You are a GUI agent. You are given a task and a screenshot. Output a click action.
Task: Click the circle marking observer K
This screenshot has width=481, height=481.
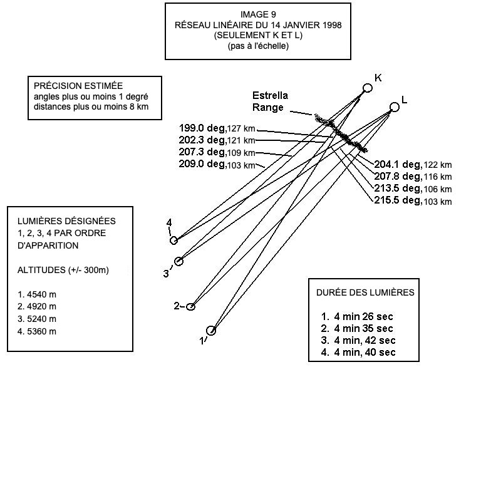(368, 88)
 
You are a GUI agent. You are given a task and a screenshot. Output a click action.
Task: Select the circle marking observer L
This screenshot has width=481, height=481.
(394, 107)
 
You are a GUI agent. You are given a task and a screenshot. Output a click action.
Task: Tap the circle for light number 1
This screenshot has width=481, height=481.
(211, 330)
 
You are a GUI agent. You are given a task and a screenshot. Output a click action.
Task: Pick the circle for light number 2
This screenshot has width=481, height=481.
(191, 306)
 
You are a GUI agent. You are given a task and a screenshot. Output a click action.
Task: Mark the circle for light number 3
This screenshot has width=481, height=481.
(178, 261)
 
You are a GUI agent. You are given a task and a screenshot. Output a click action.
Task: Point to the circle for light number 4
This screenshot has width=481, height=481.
(174, 240)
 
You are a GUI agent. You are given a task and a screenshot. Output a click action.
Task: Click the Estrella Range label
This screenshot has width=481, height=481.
(270, 101)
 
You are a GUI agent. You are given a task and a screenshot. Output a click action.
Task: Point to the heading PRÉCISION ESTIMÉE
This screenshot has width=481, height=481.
(78, 86)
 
